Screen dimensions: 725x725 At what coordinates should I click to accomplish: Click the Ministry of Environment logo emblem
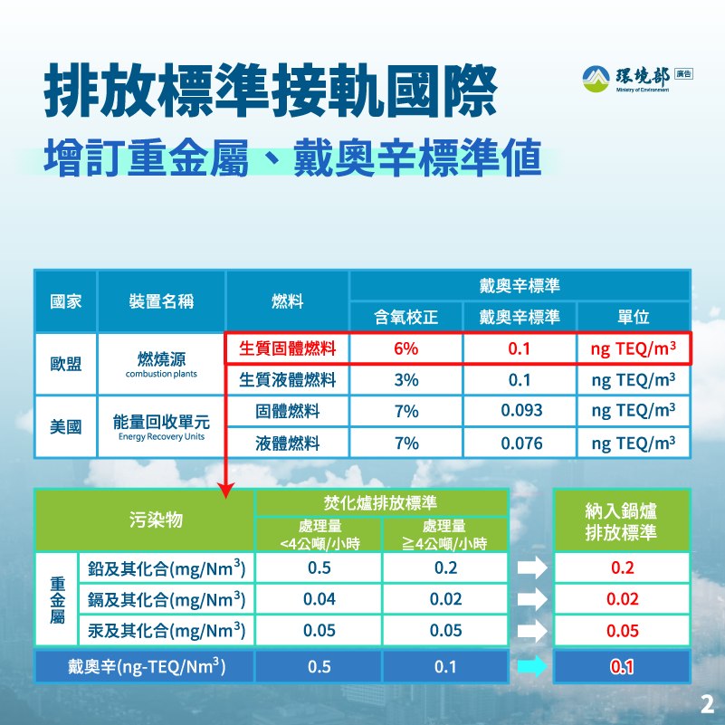click(x=596, y=79)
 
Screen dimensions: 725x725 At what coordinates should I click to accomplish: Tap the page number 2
click(x=708, y=705)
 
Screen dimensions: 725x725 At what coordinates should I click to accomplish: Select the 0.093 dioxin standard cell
click(x=520, y=411)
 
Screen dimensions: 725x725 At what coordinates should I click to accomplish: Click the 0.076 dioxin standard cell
click(x=520, y=443)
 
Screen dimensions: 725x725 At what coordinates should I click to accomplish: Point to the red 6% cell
click(x=406, y=348)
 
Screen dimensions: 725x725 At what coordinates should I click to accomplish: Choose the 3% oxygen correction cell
click(x=406, y=380)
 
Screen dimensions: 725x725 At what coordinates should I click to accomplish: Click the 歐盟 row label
click(x=66, y=364)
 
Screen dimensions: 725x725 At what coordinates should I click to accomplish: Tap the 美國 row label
click(x=66, y=427)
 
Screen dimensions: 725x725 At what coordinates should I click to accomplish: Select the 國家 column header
click(x=66, y=301)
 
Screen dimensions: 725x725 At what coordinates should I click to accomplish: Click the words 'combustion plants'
click(x=161, y=374)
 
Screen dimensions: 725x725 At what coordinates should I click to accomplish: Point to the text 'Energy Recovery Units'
click(x=161, y=436)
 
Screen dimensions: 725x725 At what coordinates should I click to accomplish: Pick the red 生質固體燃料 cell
click(x=287, y=348)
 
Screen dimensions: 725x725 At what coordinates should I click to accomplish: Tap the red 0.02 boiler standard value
click(x=623, y=599)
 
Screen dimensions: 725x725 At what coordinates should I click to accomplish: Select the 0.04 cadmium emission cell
click(x=319, y=599)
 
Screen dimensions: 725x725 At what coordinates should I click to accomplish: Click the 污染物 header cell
click(x=156, y=520)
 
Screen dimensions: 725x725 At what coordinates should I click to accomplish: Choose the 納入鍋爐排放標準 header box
click(x=622, y=520)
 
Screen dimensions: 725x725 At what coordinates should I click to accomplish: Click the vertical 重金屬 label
click(x=57, y=600)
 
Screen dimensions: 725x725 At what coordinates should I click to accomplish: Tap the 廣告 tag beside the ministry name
click(x=684, y=73)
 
